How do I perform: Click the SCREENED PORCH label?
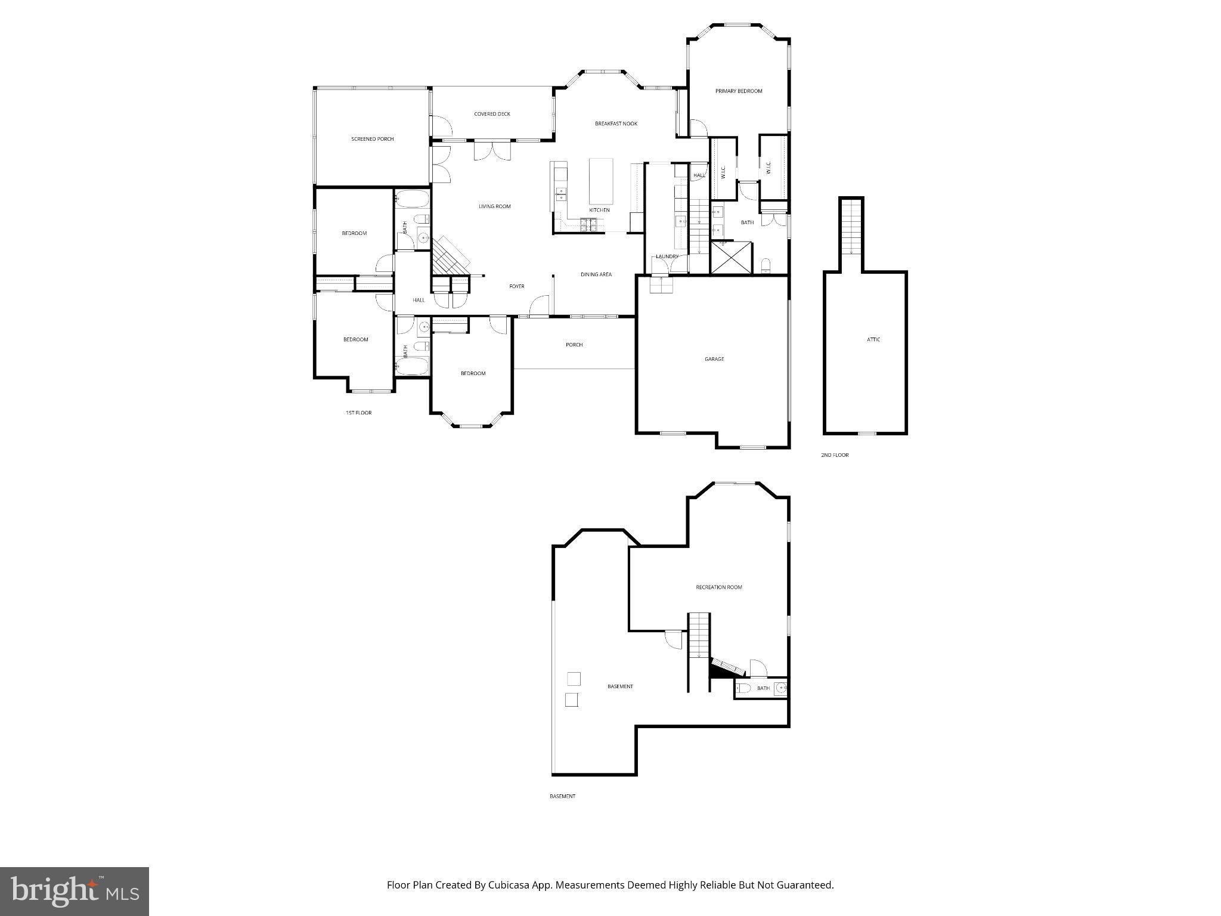click(372, 139)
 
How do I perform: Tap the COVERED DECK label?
click(492, 114)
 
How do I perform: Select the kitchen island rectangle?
click(601, 181)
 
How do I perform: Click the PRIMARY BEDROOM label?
click(739, 91)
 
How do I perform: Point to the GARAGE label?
click(714, 359)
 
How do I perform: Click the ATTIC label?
click(873, 339)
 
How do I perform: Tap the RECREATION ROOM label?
click(719, 587)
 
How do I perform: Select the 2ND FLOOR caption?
click(835, 455)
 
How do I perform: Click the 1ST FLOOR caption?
click(358, 413)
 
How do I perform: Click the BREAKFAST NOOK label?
click(616, 123)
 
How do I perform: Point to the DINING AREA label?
click(596, 274)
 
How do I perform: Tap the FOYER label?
click(517, 286)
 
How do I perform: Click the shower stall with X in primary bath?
click(732, 257)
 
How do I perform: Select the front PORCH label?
click(574, 345)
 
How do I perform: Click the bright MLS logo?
click(75, 892)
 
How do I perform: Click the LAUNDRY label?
click(667, 256)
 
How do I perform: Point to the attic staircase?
click(851, 227)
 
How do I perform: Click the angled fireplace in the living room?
click(451, 255)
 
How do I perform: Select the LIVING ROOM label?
click(495, 206)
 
